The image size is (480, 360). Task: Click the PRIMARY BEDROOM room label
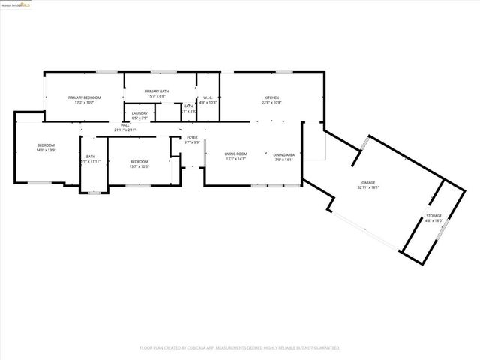[x=84, y=97]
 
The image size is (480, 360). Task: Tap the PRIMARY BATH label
[x=157, y=91]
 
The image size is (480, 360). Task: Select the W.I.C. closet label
[x=208, y=97]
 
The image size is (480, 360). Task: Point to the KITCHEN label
[x=271, y=97]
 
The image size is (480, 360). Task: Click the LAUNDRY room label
[x=139, y=115]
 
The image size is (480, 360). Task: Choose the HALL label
[x=125, y=126]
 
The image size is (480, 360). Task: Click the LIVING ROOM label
[x=236, y=154]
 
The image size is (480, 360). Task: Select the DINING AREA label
[x=283, y=154]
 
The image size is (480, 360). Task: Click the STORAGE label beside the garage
[x=434, y=217]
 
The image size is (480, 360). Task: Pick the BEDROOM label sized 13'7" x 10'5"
[x=139, y=161]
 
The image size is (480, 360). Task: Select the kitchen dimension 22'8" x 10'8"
[x=271, y=102]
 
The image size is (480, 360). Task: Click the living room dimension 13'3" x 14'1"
[x=236, y=159]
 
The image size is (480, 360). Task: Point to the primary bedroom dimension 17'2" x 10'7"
[x=84, y=102]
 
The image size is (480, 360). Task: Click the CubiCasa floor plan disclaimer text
[x=240, y=348]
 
